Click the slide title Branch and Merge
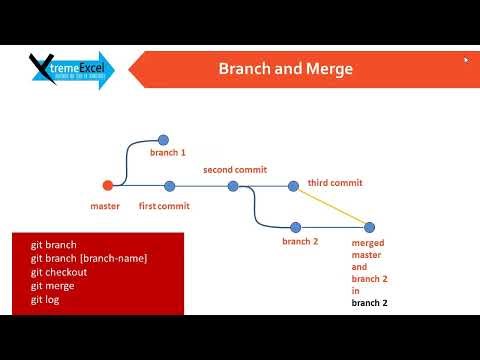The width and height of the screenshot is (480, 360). pyautogui.click(x=285, y=69)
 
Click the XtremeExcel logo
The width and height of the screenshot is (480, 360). pyautogui.click(x=70, y=70)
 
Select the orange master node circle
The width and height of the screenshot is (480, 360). pyautogui.click(x=108, y=185)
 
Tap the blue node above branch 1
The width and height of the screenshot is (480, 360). pyautogui.click(x=163, y=140)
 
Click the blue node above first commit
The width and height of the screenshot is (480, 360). pyautogui.click(x=169, y=185)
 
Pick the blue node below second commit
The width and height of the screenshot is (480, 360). pyautogui.click(x=233, y=185)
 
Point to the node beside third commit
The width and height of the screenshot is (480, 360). pyautogui.click(x=293, y=185)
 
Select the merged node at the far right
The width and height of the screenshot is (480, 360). pyautogui.click(x=369, y=227)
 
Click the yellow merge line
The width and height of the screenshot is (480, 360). pyautogui.click(x=331, y=206)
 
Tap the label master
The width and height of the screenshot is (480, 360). pyautogui.click(x=105, y=206)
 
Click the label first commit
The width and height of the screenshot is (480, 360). pyautogui.click(x=164, y=206)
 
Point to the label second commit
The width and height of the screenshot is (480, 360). pyautogui.click(x=235, y=170)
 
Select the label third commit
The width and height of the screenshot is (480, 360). pyautogui.click(x=334, y=184)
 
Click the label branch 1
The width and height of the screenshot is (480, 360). pyautogui.click(x=168, y=153)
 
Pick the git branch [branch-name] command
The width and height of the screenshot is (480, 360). pyautogui.click(x=88, y=258)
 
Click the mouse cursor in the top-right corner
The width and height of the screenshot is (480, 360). pyautogui.click(x=465, y=60)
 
